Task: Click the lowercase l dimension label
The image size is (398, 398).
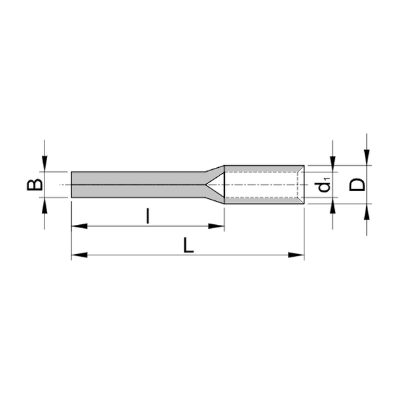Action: coord(147,216)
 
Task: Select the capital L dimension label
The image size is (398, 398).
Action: coord(188,245)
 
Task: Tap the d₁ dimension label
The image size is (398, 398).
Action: coord(324,185)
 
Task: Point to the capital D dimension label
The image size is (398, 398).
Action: coord(357,184)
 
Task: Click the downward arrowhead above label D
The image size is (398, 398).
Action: coord(366,158)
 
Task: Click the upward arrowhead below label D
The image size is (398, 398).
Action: coord(366,210)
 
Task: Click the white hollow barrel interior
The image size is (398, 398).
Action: coord(262,184)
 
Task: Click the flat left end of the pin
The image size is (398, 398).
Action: coord(71,184)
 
